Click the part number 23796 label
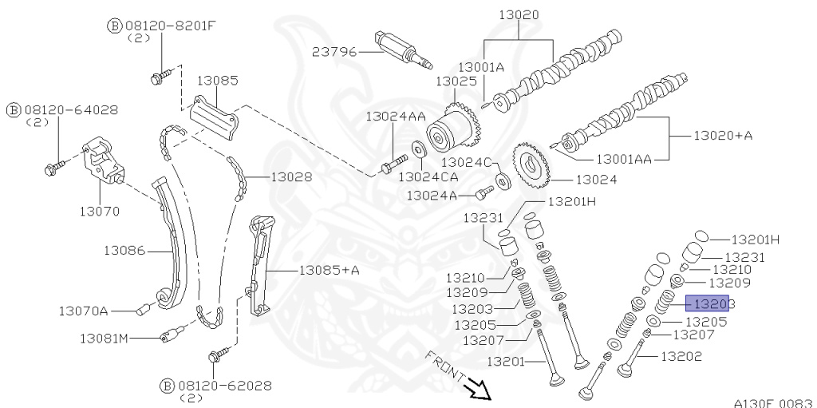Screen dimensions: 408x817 coord(334,51)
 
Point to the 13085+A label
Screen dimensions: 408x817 coord(330,270)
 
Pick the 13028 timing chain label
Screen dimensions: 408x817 coord(290,176)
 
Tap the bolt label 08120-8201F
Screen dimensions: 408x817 coord(170,25)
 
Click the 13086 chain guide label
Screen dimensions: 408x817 coord(124,250)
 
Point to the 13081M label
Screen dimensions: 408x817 coord(104,339)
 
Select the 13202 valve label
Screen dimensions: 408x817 coord(681,356)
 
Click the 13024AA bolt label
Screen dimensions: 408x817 coord(396,116)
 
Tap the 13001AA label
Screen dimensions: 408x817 coord(624,159)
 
